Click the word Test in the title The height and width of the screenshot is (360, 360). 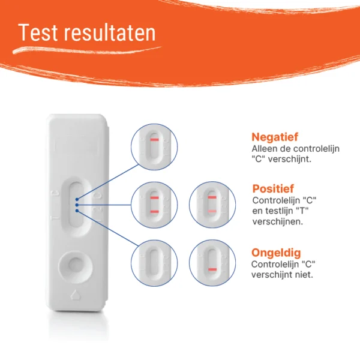tap(38, 32)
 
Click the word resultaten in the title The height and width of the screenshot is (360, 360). tap(110, 32)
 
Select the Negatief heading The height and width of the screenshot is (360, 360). tap(275, 137)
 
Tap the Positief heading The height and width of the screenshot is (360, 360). tap(273, 188)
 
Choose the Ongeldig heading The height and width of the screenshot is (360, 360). tap(276, 253)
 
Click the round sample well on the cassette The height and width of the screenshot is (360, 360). tap(76, 267)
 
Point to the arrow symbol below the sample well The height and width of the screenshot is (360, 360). tap(75, 295)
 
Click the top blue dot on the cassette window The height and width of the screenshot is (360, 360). tap(77, 199)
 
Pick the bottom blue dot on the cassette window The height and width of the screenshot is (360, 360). tap(77, 211)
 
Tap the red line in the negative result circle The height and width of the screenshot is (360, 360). tap(155, 140)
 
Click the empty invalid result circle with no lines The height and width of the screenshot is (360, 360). tap(154, 263)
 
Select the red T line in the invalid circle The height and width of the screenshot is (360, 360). tap(212, 269)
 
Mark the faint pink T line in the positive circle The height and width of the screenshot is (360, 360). tap(212, 211)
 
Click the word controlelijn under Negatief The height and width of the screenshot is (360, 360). tap(316, 149)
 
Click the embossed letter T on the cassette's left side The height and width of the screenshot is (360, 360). tap(55, 218)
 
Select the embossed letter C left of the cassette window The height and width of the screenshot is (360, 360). tap(55, 194)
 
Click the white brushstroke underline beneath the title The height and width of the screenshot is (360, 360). tap(87, 50)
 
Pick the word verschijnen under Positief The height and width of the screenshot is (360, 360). tap(278, 221)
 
